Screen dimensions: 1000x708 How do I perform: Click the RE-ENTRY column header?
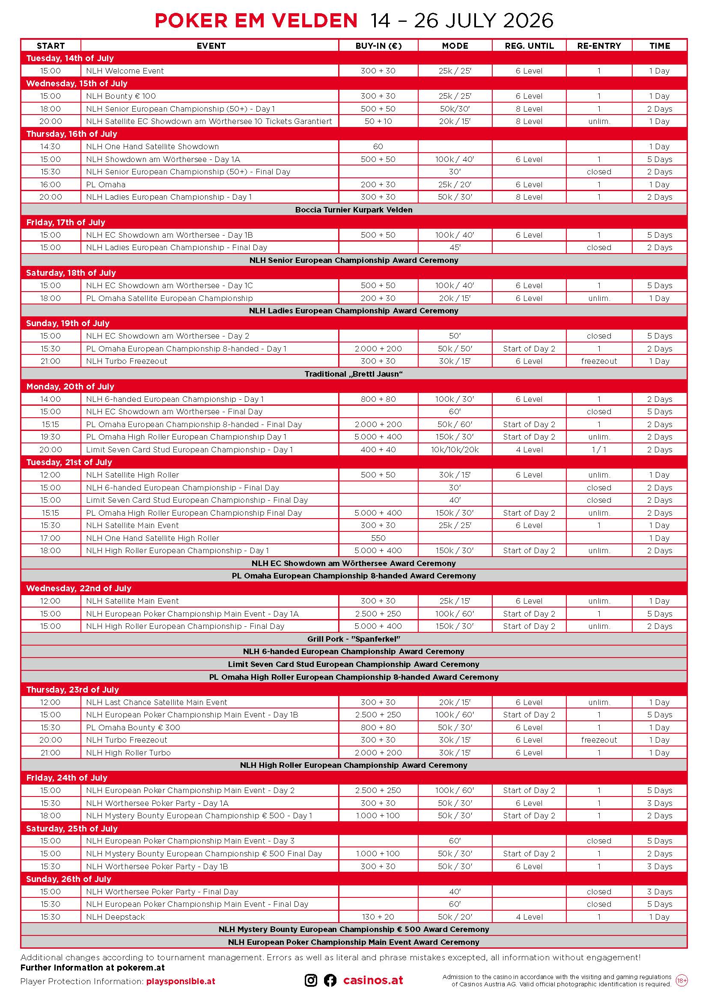(x=598, y=46)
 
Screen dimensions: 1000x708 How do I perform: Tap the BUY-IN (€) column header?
(x=378, y=46)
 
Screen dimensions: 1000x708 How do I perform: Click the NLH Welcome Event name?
(x=125, y=71)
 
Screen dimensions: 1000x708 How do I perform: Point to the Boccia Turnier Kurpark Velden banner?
(x=354, y=210)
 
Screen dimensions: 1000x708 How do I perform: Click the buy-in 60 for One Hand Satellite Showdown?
(x=378, y=147)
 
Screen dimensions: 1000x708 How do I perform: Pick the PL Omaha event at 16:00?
(x=105, y=185)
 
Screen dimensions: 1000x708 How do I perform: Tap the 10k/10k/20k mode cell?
(x=455, y=450)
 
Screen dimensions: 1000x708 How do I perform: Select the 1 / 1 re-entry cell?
(x=598, y=450)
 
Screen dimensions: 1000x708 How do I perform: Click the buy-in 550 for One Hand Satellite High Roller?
(x=378, y=538)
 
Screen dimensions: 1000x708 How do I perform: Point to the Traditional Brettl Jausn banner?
(x=354, y=374)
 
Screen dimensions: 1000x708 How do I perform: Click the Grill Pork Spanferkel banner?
(x=354, y=639)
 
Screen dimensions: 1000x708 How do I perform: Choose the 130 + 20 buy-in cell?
(x=378, y=917)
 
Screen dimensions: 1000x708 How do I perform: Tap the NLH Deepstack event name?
(x=115, y=917)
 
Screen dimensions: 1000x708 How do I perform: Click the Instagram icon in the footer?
(x=311, y=980)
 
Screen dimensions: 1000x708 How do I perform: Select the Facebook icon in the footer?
(x=330, y=980)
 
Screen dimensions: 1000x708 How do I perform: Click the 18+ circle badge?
(x=681, y=980)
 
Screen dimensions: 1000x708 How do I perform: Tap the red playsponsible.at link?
(x=181, y=981)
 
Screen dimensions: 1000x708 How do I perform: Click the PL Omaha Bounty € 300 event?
(x=133, y=728)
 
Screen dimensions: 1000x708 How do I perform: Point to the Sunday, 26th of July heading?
(x=68, y=879)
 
